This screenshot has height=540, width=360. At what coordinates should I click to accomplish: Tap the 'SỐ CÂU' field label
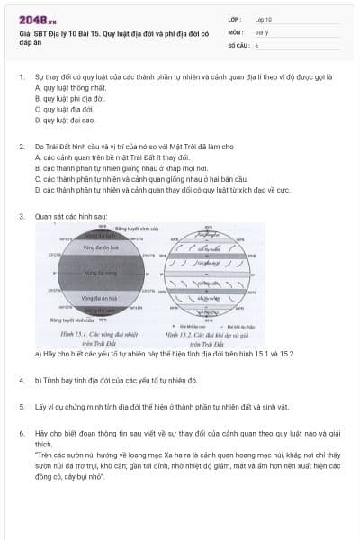tap(238, 44)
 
